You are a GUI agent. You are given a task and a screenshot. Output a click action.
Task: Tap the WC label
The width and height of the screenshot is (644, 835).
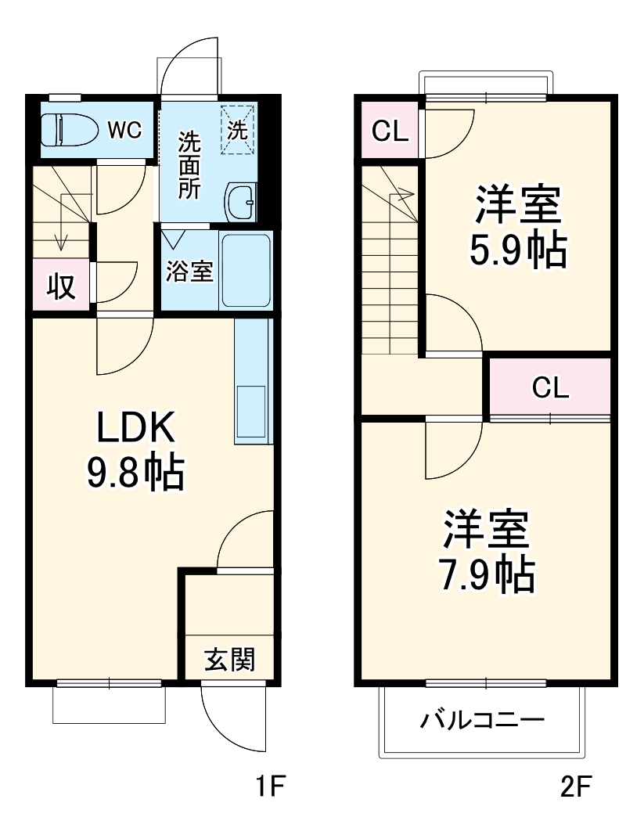tap(124, 129)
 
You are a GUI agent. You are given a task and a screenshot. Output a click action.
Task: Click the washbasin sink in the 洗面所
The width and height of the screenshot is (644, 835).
tap(240, 203)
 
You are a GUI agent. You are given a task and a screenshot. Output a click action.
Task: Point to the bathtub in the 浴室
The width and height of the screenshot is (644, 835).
tap(246, 270)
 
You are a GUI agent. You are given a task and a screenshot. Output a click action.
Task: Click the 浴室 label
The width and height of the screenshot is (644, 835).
tap(189, 272)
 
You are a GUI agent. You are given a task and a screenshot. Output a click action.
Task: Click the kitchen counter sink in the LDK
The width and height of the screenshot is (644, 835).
tap(252, 412)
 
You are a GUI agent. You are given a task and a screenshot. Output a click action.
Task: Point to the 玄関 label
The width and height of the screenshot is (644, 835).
tap(230, 660)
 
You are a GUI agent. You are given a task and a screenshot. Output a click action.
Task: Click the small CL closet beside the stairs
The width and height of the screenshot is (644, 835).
tap(389, 131)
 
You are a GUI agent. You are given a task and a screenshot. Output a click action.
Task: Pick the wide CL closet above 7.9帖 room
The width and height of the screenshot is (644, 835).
tap(550, 387)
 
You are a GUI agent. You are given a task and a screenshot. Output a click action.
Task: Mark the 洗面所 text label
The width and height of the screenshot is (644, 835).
tap(189, 166)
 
